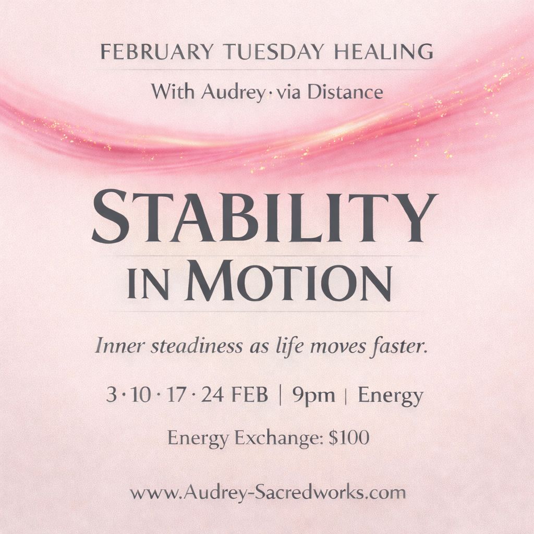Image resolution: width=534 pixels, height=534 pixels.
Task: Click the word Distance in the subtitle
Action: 345,92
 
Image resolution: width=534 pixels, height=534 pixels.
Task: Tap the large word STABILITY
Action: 264,216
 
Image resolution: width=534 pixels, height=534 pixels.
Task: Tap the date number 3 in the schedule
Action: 111,395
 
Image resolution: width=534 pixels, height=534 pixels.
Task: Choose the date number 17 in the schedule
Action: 176,395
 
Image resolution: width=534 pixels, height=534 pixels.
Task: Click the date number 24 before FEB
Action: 213,395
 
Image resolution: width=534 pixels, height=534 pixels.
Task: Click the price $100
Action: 349,438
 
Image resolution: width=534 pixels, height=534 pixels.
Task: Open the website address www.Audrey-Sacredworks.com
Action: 268,492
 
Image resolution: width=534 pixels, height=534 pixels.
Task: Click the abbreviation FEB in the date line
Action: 250,395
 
